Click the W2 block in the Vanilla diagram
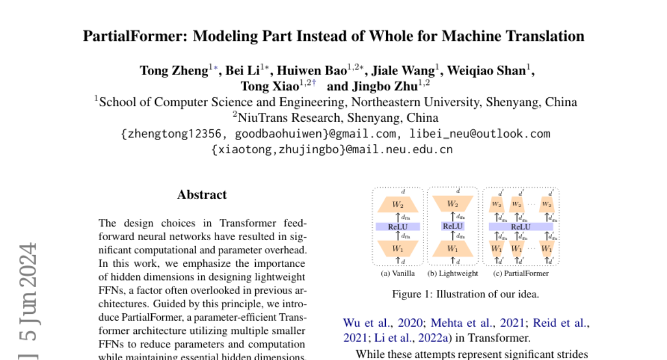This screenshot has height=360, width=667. (x=397, y=204)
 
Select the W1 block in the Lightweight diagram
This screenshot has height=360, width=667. (x=452, y=248)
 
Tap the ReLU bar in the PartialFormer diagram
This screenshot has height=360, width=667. (x=520, y=227)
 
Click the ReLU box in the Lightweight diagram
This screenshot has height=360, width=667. (x=452, y=227)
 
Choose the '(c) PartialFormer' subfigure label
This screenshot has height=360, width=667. (x=521, y=273)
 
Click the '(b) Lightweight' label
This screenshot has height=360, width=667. (x=452, y=273)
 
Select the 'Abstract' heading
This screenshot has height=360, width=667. (x=202, y=195)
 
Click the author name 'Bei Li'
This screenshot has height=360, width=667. (x=243, y=71)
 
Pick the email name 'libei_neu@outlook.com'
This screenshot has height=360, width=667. (x=480, y=134)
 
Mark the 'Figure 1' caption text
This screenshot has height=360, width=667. (x=465, y=294)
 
